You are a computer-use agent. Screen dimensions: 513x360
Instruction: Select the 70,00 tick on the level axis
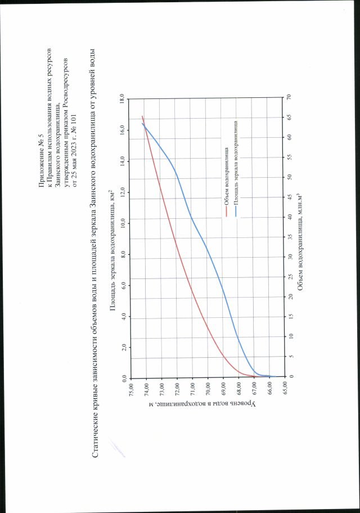pyautogui.click(x=208, y=388)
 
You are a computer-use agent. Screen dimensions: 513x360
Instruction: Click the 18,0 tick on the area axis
pyautogui.click(x=123, y=99)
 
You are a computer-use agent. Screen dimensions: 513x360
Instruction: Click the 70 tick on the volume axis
pyautogui.click(x=289, y=97)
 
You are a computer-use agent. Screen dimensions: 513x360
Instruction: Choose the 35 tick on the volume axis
pyautogui.click(x=289, y=237)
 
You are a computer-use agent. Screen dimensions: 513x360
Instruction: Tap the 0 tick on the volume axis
pyautogui.click(x=289, y=376)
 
